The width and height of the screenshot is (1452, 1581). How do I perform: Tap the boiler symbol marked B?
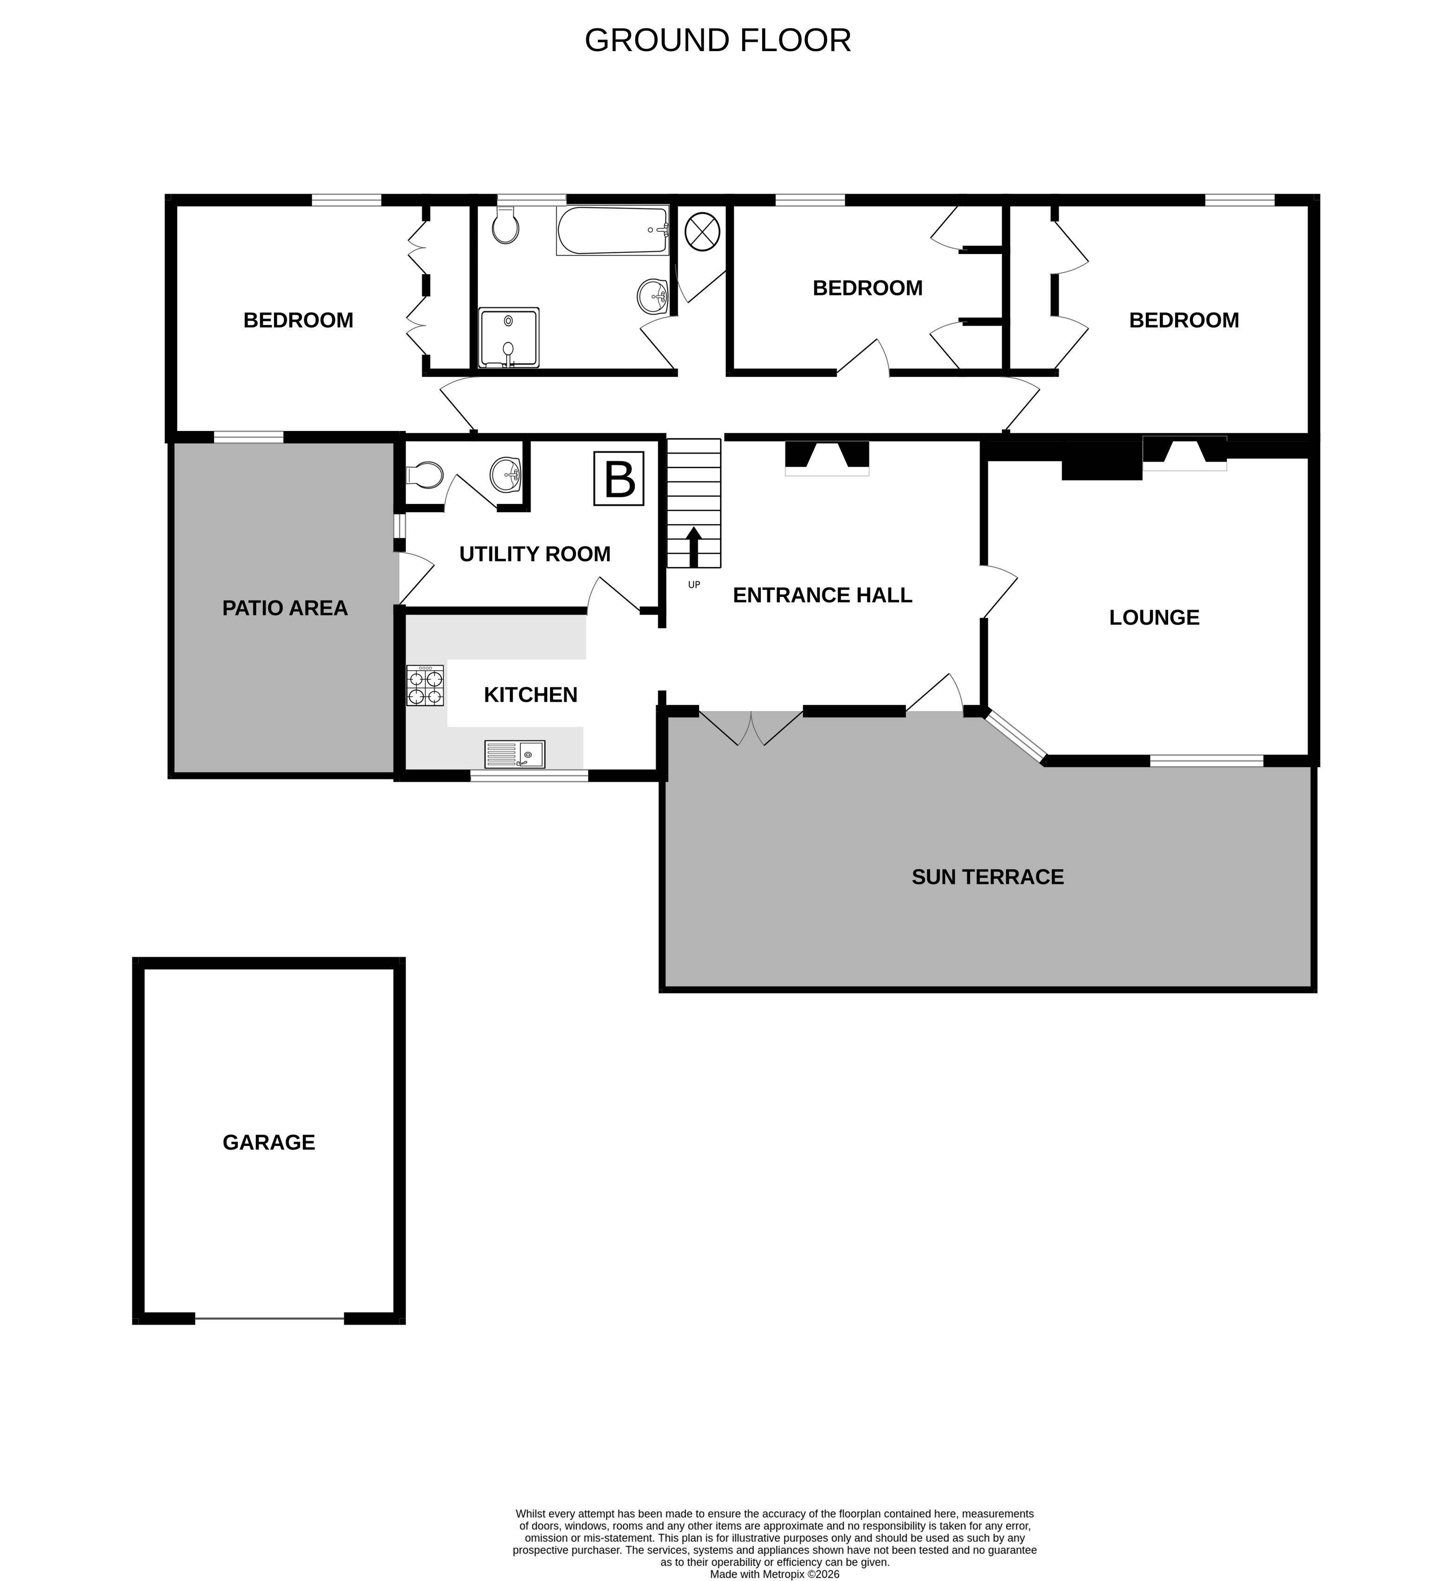click(618, 478)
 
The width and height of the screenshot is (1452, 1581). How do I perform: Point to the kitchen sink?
click(515, 754)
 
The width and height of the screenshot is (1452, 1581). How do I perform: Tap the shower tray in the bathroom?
click(509, 337)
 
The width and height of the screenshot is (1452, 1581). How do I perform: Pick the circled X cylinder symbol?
click(702, 231)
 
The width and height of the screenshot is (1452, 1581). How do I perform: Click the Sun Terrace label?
click(988, 877)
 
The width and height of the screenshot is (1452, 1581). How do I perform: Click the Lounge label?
click(1154, 618)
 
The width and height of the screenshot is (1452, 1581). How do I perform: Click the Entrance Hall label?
click(823, 595)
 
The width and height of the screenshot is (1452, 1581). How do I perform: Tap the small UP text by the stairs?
click(694, 585)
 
